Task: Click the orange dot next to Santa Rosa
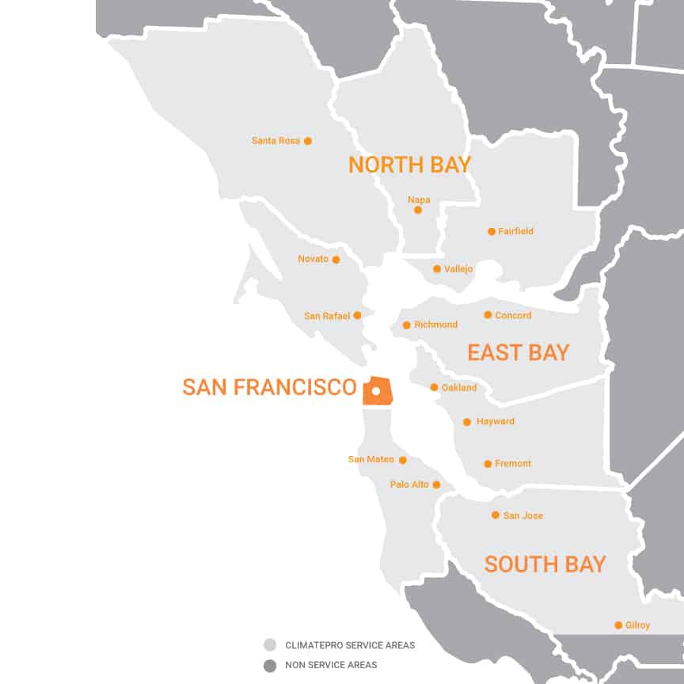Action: click(x=308, y=141)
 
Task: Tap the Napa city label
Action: click(x=419, y=199)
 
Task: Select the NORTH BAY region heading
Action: click(x=409, y=165)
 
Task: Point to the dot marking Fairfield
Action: click(x=492, y=231)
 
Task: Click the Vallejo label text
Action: click(x=458, y=269)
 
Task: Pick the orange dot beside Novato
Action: click(x=336, y=259)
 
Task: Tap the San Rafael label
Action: click(x=327, y=316)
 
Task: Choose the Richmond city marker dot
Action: click(x=407, y=325)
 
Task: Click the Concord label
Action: click(x=513, y=315)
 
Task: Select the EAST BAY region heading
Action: click(x=518, y=352)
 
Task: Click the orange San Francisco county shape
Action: click(x=378, y=391)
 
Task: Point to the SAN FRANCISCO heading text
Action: click(x=269, y=387)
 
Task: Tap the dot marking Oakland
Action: click(x=434, y=387)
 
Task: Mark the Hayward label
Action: click(x=495, y=421)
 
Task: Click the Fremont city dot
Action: click(x=488, y=464)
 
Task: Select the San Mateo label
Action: click(x=370, y=459)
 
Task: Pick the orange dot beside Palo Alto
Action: click(x=436, y=484)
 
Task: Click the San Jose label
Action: click(x=522, y=515)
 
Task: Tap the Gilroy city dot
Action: click(x=618, y=625)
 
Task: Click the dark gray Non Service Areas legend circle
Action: click(x=270, y=666)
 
